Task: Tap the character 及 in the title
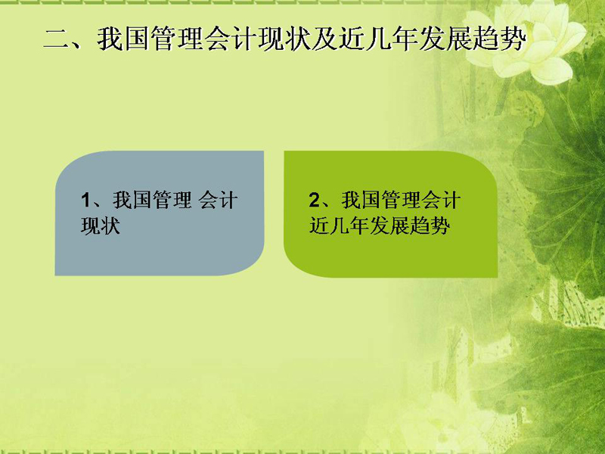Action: (325, 39)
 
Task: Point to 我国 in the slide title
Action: (123, 39)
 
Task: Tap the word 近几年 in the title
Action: (379, 39)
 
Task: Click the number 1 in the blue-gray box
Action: (85, 201)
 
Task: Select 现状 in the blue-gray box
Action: (101, 225)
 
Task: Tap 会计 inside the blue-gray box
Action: (218, 201)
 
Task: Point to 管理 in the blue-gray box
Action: (172, 201)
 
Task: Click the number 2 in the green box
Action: (315, 201)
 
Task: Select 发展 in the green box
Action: (389, 225)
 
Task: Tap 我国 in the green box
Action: (361, 201)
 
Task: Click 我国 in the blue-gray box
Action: (132, 201)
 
